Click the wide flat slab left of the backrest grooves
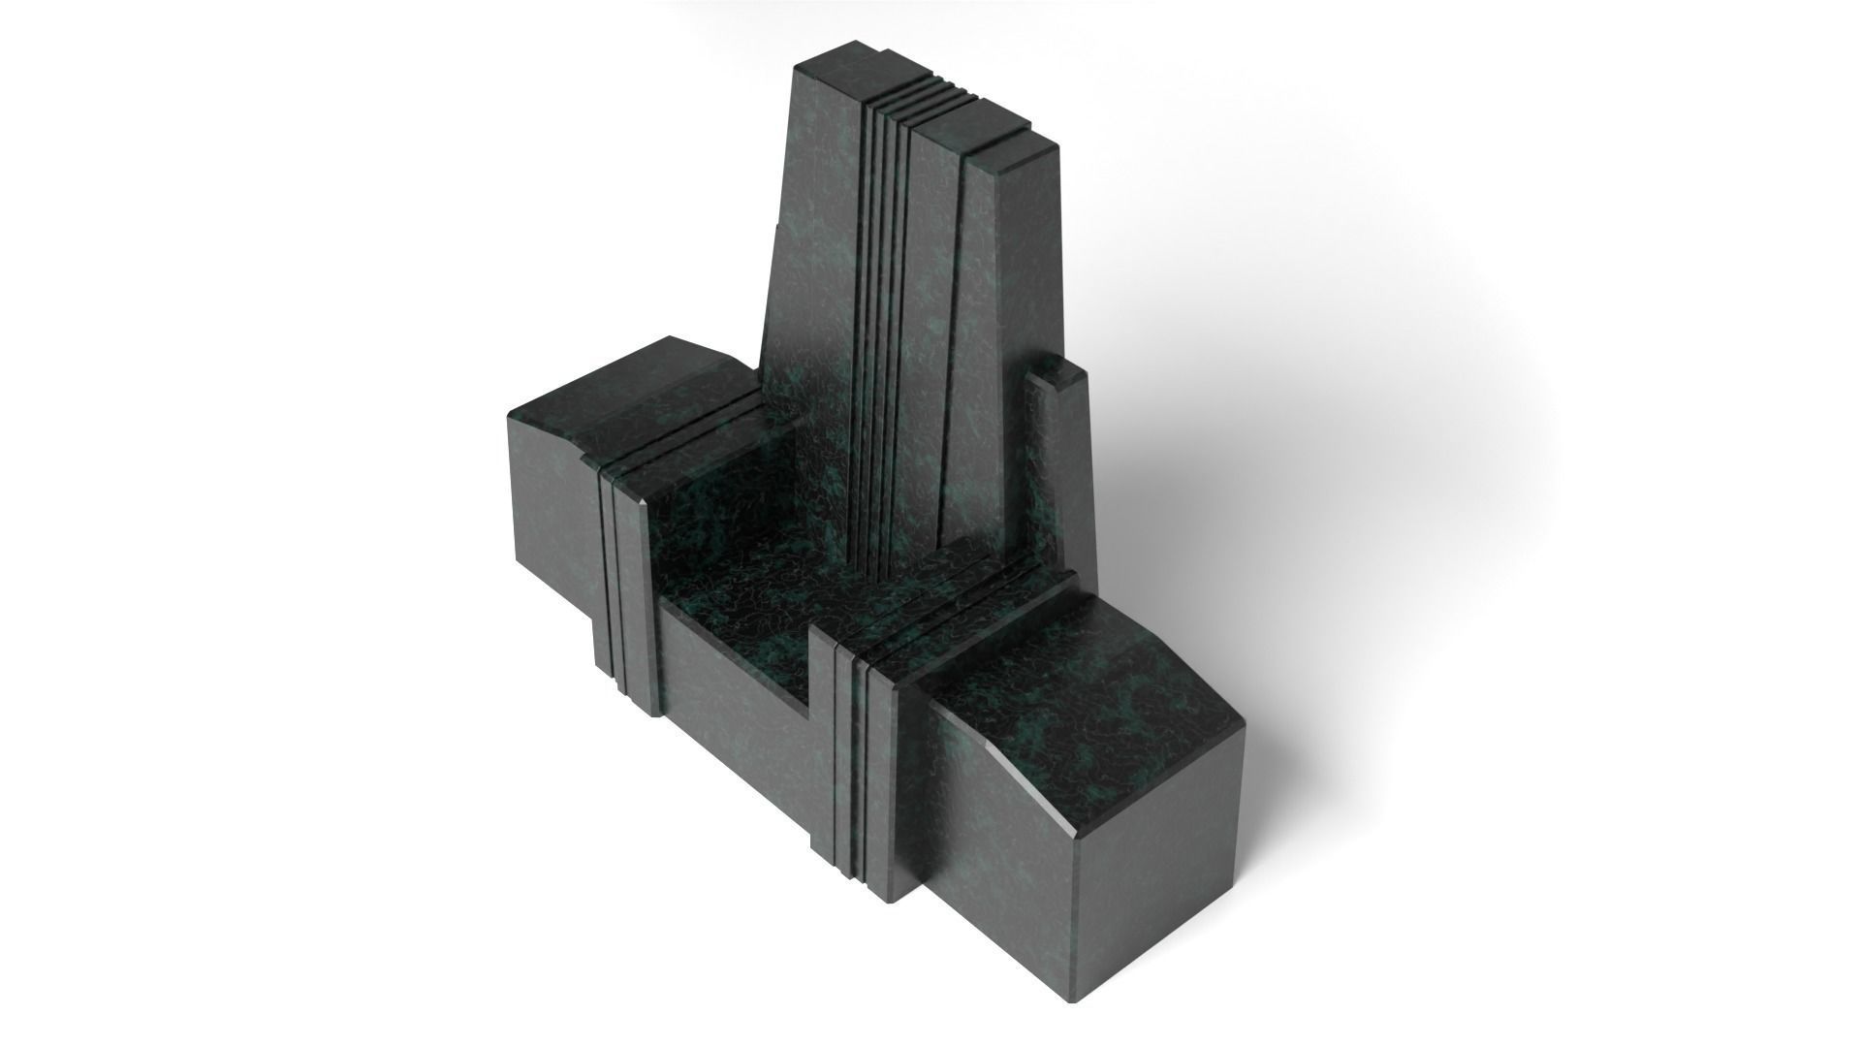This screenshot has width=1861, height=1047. pos(814,291)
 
